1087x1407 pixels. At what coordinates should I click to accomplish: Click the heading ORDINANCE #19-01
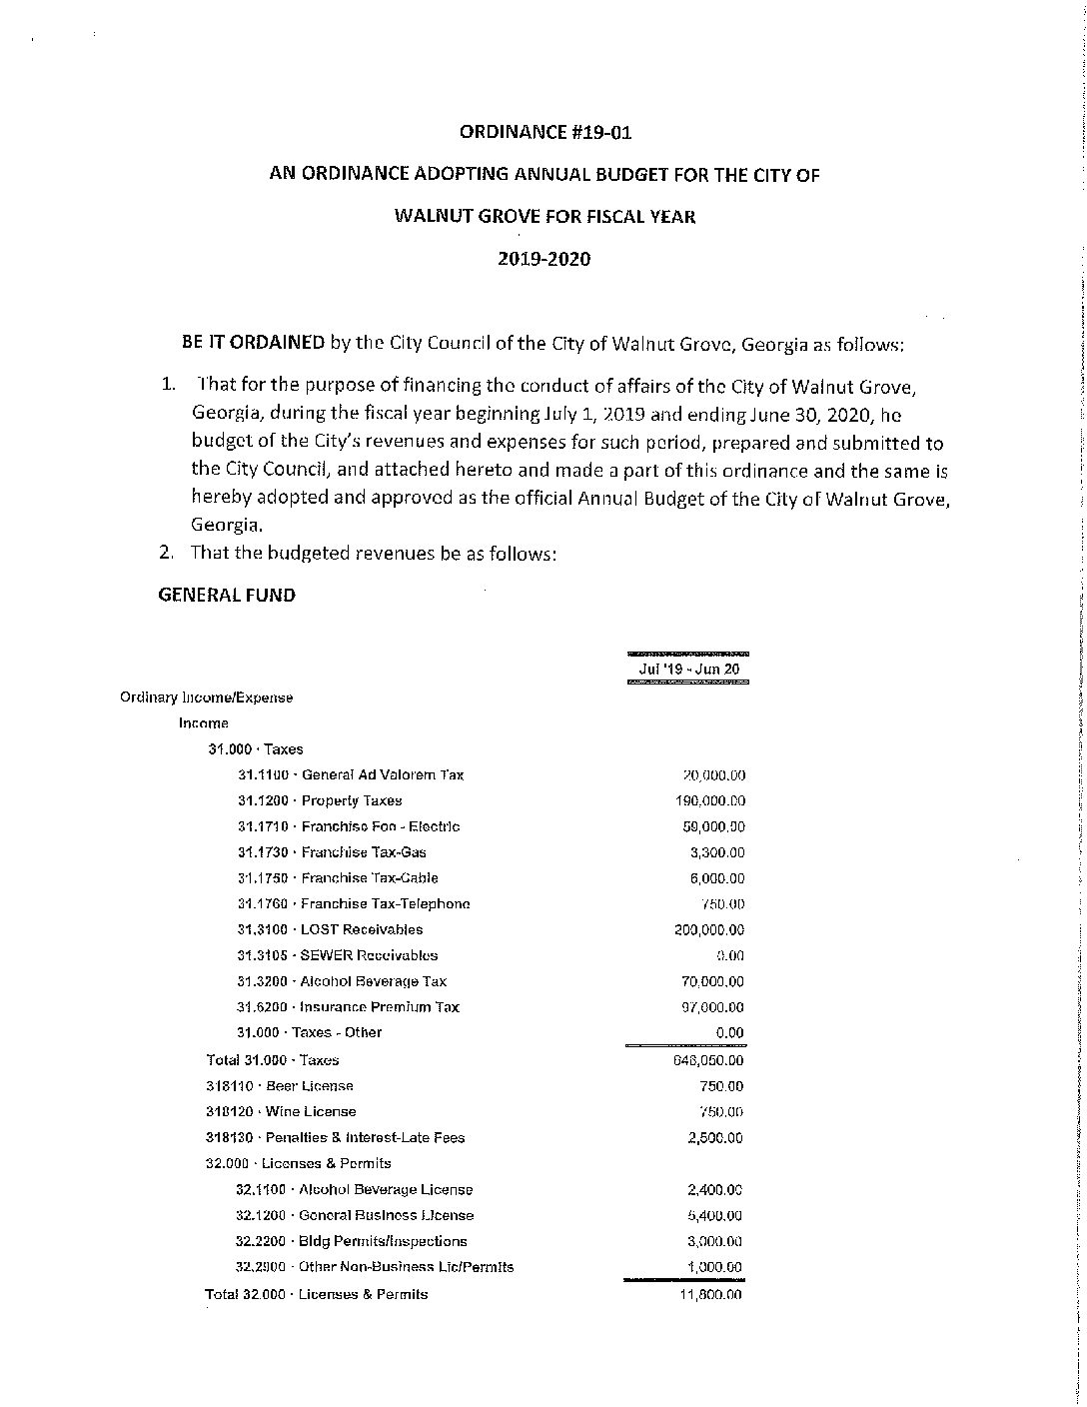tap(544, 132)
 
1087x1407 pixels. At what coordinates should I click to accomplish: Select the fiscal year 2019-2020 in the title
tap(544, 259)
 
